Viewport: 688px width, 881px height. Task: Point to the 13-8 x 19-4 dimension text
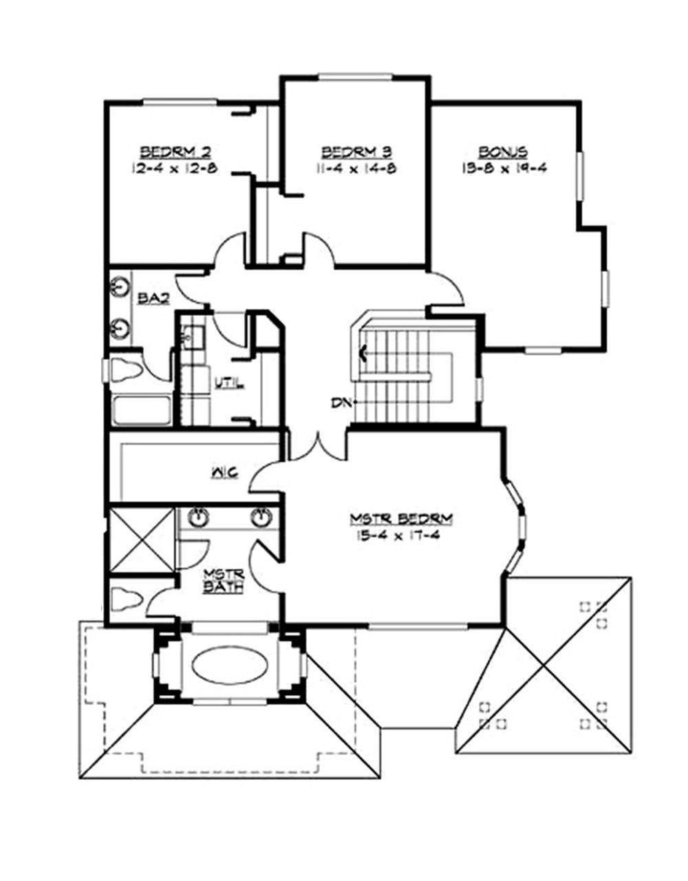504,168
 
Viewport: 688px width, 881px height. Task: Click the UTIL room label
228,383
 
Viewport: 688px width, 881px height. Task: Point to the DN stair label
338,403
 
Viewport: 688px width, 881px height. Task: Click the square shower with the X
142,540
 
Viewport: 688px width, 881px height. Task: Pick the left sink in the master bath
198,518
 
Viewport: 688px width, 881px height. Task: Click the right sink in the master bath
260,518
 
